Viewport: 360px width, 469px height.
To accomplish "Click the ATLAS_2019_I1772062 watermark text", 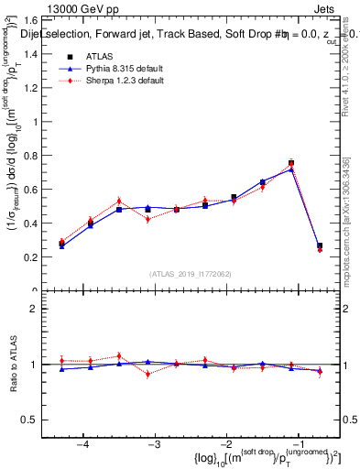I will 190,274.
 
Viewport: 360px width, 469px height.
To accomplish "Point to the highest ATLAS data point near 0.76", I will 291,163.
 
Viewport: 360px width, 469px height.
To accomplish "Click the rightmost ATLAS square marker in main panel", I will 320,245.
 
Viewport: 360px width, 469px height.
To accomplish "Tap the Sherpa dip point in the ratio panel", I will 147,374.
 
